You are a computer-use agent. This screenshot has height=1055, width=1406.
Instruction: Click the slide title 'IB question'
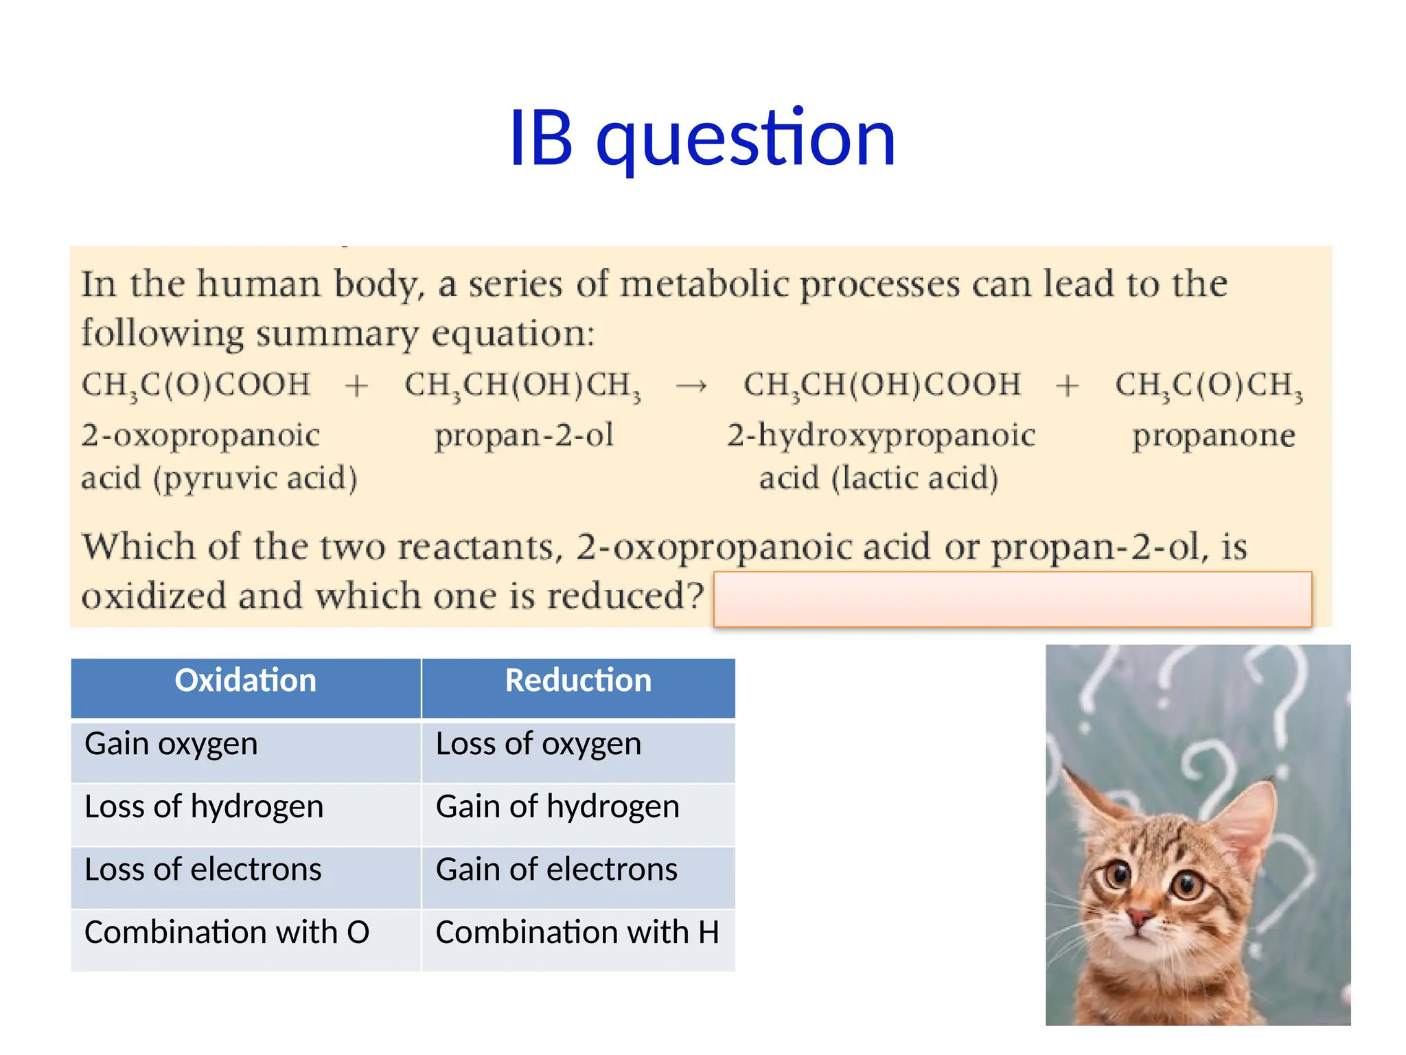(x=702, y=139)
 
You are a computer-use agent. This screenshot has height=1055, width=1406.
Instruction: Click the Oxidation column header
(x=245, y=681)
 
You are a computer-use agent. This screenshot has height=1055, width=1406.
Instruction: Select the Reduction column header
(x=578, y=681)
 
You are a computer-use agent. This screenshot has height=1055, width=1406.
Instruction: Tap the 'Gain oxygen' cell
(x=171, y=745)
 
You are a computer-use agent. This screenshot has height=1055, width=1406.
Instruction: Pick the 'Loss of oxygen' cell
(x=538, y=745)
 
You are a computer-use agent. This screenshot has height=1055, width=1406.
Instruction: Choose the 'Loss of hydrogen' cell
(x=204, y=807)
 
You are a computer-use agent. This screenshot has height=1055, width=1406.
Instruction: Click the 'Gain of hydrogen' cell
(x=557, y=807)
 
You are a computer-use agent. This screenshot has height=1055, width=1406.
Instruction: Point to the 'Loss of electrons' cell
(x=203, y=870)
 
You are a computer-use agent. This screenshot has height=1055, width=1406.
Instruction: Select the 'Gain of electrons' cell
(x=556, y=870)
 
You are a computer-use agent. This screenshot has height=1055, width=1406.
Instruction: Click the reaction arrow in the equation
(x=691, y=387)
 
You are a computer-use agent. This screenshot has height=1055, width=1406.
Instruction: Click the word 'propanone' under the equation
(x=1213, y=435)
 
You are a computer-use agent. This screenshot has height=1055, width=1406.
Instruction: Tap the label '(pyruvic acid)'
(x=255, y=479)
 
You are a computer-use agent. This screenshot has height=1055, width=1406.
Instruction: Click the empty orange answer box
(x=1012, y=599)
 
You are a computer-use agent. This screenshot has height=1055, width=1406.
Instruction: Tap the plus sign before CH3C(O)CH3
(x=1067, y=386)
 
